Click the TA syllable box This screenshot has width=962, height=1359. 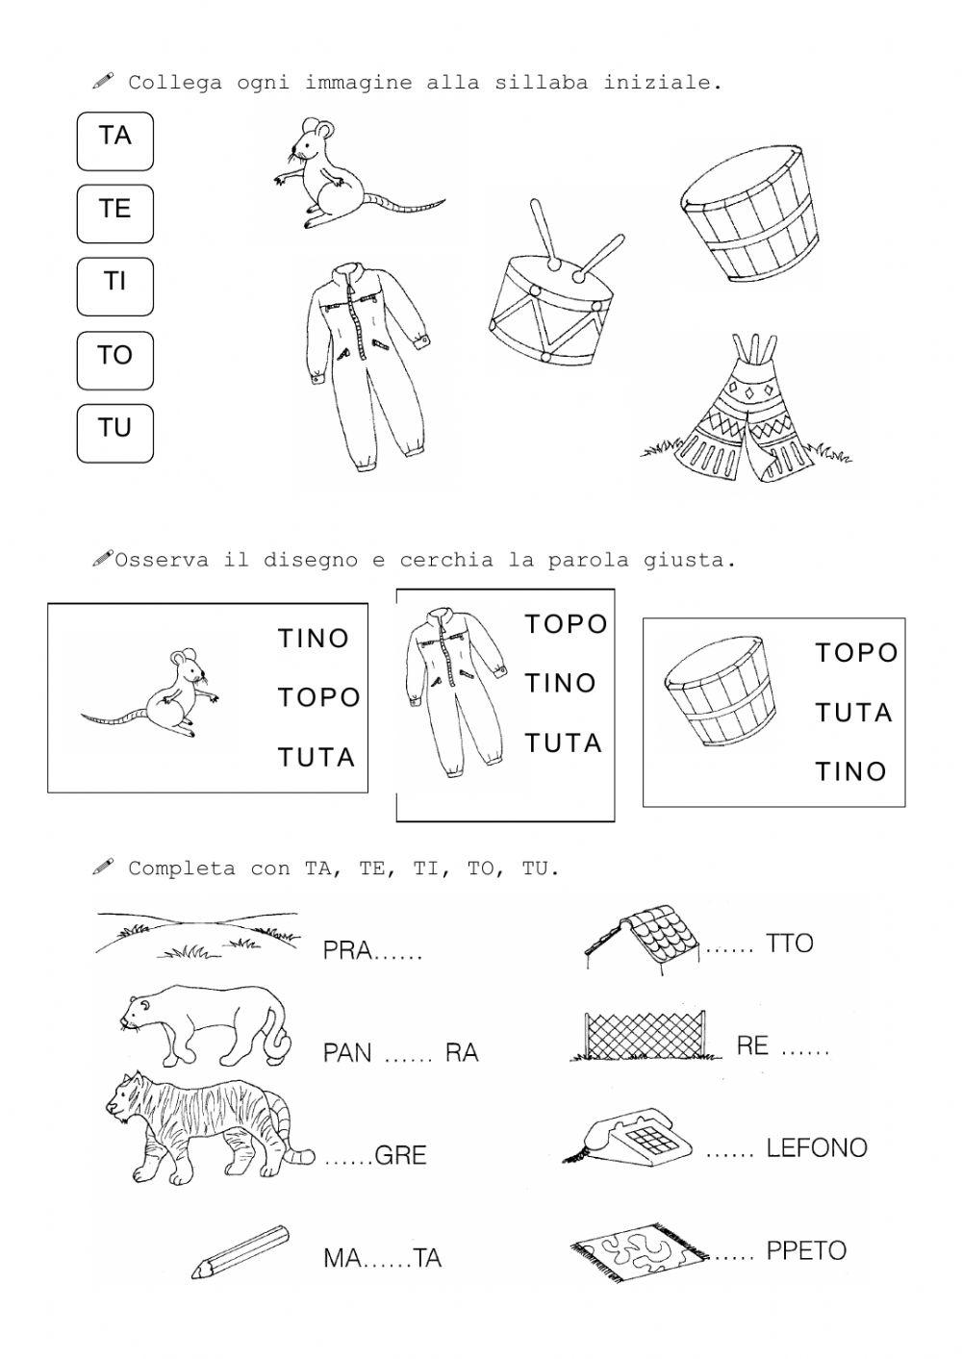114,140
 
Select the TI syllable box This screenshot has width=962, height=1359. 114,287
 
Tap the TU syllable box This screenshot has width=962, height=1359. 114,433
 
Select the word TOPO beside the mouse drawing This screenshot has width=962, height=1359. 318,697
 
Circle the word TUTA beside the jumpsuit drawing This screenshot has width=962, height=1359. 563,743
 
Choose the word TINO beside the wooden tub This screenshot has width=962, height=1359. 850,771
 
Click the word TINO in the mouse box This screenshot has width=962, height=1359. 314,639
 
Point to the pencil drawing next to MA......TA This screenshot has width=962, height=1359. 240,1251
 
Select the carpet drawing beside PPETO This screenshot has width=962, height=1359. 640,1250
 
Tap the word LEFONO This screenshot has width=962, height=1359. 817,1147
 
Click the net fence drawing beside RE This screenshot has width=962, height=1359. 645,1036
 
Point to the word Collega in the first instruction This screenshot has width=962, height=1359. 168,83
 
